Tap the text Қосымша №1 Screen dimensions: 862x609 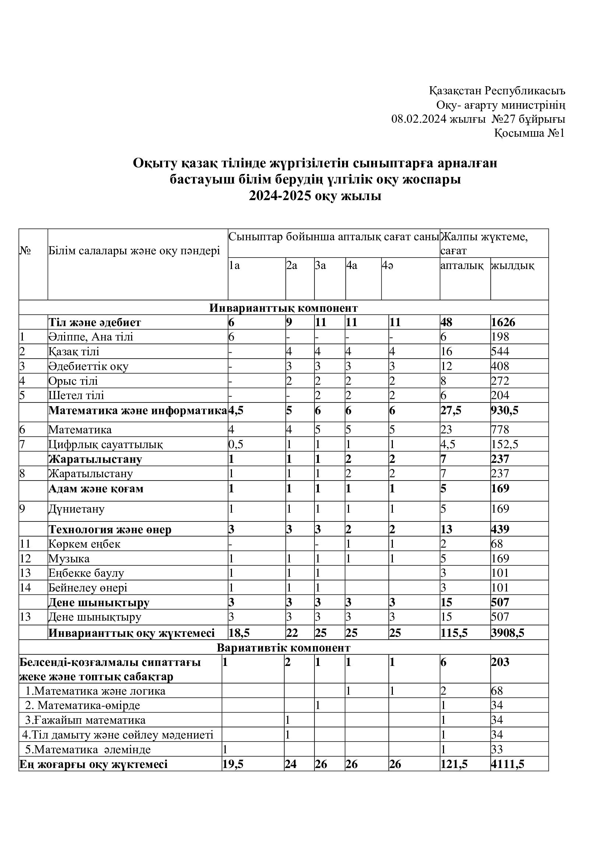[x=529, y=133]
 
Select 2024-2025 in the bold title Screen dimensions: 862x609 [x=280, y=196]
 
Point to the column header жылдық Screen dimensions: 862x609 [x=513, y=266]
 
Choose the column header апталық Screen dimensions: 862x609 [x=462, y=266]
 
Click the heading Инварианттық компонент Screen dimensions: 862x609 [x=284, y=308]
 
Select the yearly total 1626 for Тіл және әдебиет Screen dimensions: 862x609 [x=503, y=322]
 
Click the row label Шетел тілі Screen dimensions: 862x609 [x=76, y=396]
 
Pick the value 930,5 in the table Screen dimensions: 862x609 [x=505, y=411]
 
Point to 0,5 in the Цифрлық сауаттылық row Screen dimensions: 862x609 [x=236, y=444]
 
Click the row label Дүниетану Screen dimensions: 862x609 [x=77, y=509]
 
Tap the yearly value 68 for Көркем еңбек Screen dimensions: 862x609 [x=497, y=544]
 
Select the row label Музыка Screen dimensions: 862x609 [x=69, y=559]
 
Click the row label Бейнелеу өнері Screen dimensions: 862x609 [x=88, y=588]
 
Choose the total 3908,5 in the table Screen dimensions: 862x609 [x=507, y=634]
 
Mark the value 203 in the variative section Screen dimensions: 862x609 [x=500, y=662]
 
